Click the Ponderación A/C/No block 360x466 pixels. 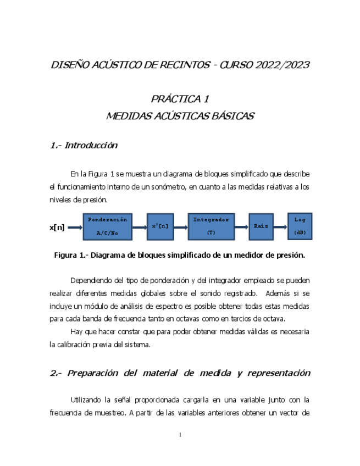pyautogui.click(x=108, y=226)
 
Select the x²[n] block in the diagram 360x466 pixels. pyautogui.click(x=160, y=226)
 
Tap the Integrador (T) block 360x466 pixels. pyautogui.click(x=211, y=226)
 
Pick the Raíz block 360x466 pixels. pyautogui.click(x=261, y=226)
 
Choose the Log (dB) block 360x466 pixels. pyautogui.click(x=300, y=225)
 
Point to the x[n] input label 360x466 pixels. pyautogui.click(x=57, y=227)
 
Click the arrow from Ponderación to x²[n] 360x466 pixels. pyautogui.click(x=140, y=226)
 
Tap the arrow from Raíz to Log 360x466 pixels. pyautogui.click(x=280, y=226)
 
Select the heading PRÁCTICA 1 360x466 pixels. pyautogui.click(x=180, y=99)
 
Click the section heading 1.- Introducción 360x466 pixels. pyautogui.click(x=84, y=146)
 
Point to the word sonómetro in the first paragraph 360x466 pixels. pyautogui.click(x=168, y=187)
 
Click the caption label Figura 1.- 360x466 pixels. pyautogui.click(x=70, y=255)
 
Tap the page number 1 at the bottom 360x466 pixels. pyautogui.click(x=180, y=435)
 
